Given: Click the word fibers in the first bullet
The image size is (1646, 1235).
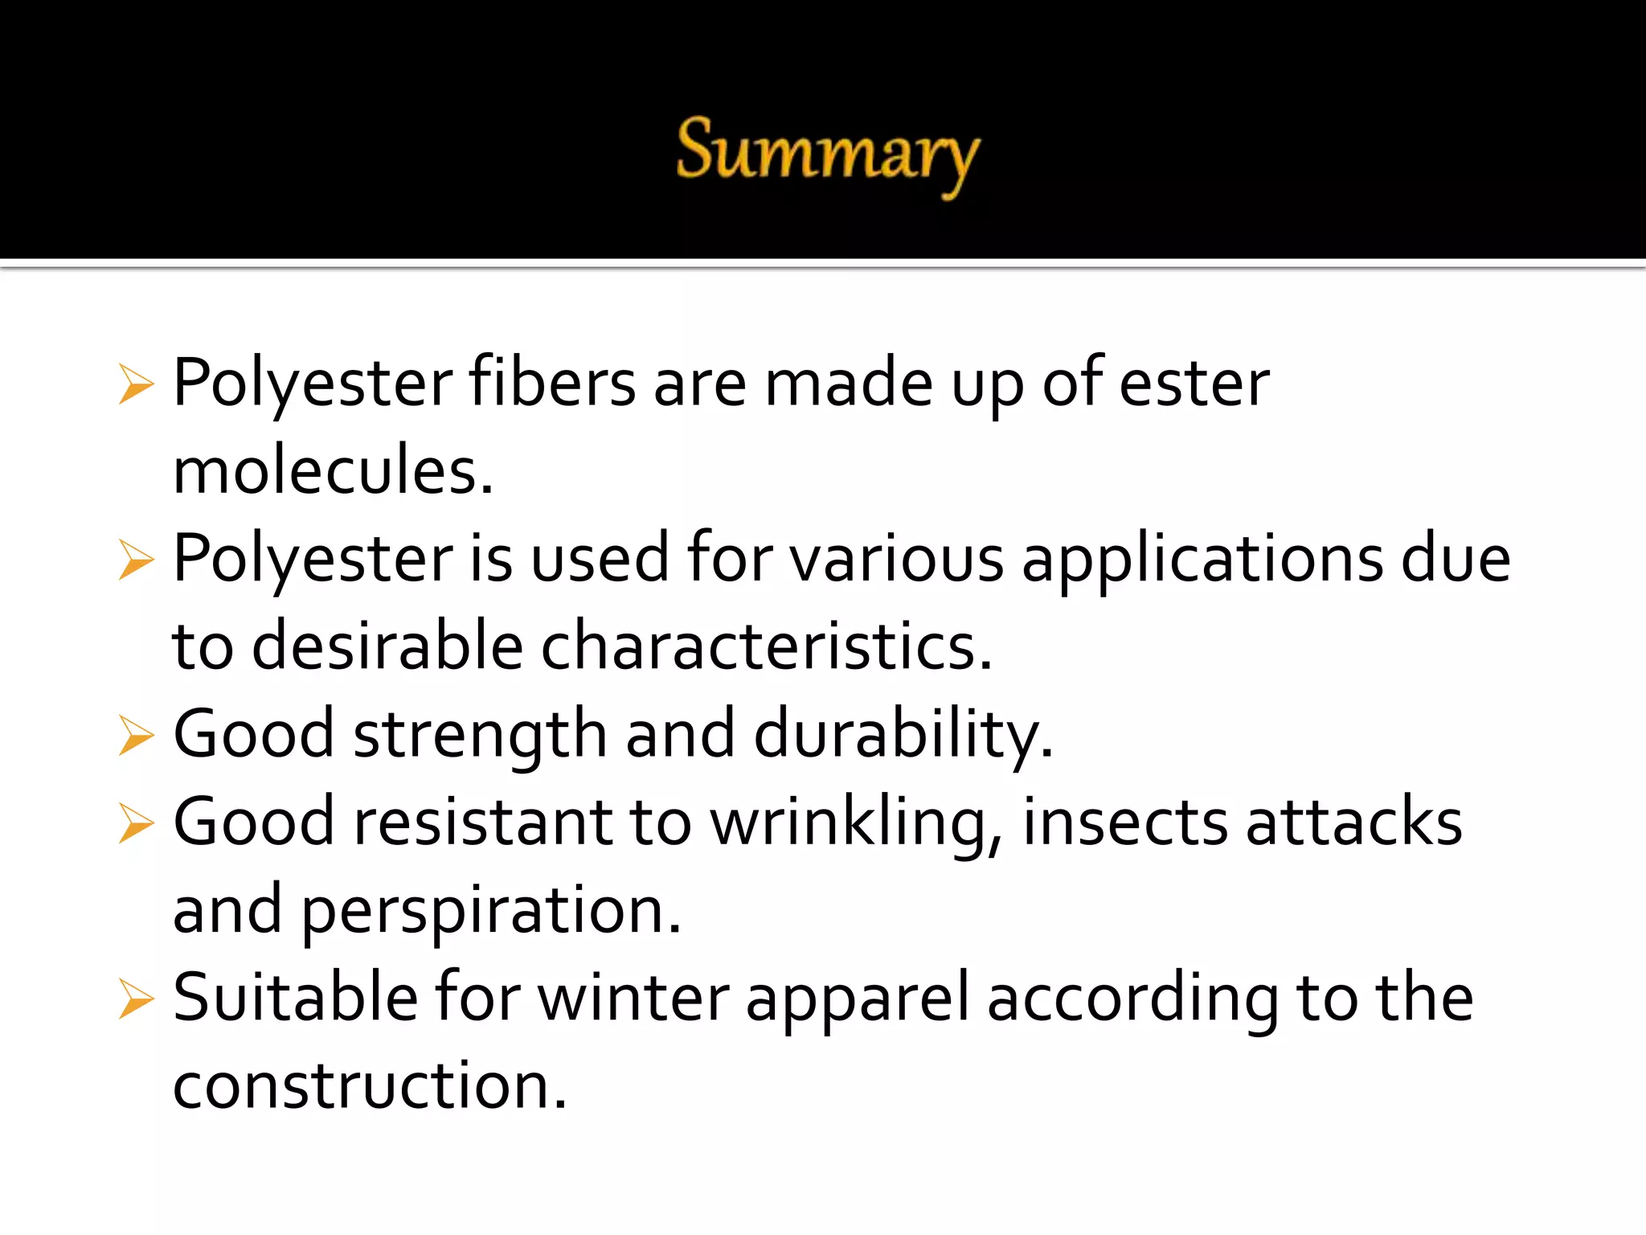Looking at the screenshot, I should point(553,383).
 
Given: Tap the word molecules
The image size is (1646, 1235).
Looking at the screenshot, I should point(332,471).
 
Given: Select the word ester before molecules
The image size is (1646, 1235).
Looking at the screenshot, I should point(1194,383).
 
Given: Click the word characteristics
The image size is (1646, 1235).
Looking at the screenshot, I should point(766,647).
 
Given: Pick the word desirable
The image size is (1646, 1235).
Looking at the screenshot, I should point(387,647).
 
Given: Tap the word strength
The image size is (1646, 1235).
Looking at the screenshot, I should point(480,735).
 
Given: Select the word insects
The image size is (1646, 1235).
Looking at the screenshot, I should point(1124,823).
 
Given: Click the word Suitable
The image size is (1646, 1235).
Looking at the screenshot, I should point(295,998).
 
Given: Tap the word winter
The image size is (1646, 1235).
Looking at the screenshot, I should point(633,998).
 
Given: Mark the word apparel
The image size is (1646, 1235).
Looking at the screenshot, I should point(858,999).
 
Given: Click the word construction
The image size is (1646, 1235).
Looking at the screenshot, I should point(369,1086).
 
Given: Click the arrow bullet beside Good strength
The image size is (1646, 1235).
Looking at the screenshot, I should point(135,736).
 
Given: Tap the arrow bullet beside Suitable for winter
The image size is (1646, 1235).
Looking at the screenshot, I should point(135,999).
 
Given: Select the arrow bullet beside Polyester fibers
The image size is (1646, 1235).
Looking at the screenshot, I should point(135,384).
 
